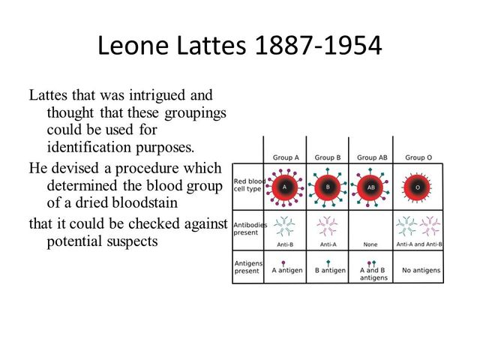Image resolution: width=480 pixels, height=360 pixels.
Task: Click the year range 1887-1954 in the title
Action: [319, 46]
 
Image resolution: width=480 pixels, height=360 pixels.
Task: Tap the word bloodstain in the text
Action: [184, 202]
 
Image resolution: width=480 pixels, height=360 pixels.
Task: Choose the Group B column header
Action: [328, 157]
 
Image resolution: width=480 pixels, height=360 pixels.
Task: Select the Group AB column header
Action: [371, 157]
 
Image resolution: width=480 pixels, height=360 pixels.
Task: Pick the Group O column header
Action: [418, 157]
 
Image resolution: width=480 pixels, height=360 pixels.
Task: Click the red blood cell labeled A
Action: [284, 187]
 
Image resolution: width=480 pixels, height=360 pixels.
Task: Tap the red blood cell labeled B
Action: [328, 187]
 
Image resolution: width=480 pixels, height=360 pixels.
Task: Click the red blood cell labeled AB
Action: [371, 187]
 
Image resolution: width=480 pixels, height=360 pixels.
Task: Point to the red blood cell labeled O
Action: [417, 187]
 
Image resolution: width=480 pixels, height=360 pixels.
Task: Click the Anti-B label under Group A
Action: [284, 244]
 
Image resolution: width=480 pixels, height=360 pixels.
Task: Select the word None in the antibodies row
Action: [371, 244]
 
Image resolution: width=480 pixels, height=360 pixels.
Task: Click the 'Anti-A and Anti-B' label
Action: [418, 244]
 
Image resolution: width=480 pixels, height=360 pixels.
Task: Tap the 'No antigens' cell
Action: [418, 270]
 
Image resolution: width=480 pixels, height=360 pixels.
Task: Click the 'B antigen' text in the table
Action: [331, 270]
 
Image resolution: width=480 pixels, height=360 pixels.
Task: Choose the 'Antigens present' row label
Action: [247, 267]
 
